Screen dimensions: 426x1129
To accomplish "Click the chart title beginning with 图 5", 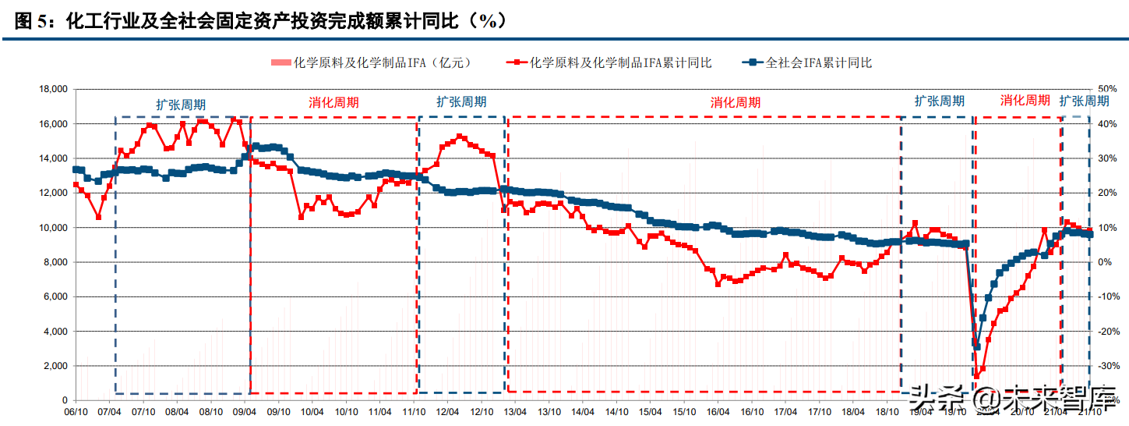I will pos(262,21).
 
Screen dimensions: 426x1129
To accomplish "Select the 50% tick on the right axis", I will pos(1108,90).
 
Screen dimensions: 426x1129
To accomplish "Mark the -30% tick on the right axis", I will pos(1108,366).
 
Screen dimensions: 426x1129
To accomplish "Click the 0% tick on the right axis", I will pos(1104,262).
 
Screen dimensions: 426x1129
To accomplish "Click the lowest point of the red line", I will pos(976,376).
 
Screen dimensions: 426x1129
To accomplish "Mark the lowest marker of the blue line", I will pos(976,346).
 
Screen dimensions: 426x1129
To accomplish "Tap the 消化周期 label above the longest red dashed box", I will pos(735,102).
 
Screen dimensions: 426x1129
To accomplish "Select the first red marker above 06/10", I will pos(76,185).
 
